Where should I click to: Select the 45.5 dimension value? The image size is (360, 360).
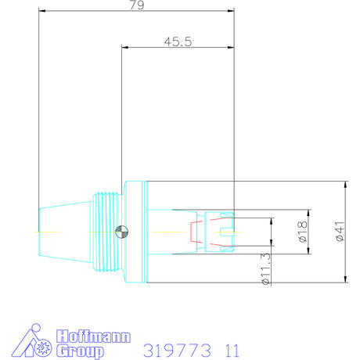tap(178, 41)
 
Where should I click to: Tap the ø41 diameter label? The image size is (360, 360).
tap(339, 232)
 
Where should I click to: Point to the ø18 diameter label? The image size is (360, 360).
tap(303, 232)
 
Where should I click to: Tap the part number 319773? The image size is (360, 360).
tap(171, 349)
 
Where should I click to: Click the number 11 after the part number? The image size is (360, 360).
tap(227, 349)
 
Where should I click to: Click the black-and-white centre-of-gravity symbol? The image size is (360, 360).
tap(121, 232)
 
